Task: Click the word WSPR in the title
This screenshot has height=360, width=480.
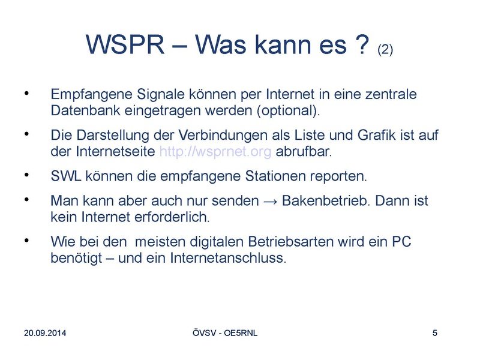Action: tap(125, 44)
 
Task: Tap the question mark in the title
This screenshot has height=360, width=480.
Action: tap(362, 44)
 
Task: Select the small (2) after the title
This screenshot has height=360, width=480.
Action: tap(385, 50)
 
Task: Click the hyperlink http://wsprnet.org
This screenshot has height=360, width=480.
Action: tap(215, 152)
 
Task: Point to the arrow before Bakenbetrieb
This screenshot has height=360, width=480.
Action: tap(270, 202)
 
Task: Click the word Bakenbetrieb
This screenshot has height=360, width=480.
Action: tap(326, 200)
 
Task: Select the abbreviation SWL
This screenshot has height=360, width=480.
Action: tap(66, 176)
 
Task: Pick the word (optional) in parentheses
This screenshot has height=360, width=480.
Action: tap(289, 111)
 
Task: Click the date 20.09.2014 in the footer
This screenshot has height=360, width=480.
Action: tap(45, 333)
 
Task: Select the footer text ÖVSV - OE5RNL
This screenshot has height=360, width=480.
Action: tap(225, 333)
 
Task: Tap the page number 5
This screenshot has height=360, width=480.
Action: tap(434, 333)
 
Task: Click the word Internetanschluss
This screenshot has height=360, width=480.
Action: tap(228, 258)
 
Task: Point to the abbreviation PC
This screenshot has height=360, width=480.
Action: tap(401, 242)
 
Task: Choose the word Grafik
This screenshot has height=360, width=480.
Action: tap(377, 135)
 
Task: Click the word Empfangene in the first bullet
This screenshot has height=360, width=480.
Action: tap(92, 94)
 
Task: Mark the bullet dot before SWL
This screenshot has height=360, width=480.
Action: tap(26, 175)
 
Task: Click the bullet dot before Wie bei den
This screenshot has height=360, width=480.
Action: tap(26, 241)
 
